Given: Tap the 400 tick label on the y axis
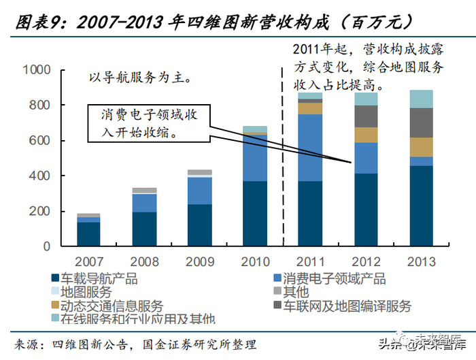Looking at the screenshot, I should pyautogui.click(x=40, y=176).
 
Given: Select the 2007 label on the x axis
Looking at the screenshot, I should pyautogui.click(x=88, y=262).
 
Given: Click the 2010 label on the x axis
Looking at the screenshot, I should pyautogui.click(x=254, y=262).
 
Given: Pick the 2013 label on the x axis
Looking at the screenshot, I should pyautogui.click(x=420, y=262).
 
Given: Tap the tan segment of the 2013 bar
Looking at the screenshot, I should pyautogui.click(x=420, y=147).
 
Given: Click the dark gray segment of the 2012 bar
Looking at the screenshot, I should pyautogui.click(x=365, y=116).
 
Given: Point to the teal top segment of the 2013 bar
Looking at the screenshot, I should pyautogui.click(x=420, y=99).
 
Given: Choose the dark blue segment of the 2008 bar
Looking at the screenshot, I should pyautogui.click(x=144, y=229).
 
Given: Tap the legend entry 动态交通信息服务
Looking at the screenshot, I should pyautogui.click(x=109, y=306).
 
